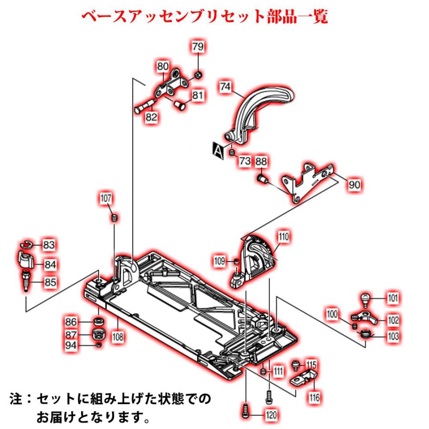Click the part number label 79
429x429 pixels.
pos(198,47)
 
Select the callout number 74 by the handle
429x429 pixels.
pos(225,87)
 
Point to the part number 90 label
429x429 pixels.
pos(354,184)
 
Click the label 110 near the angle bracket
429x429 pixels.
pos(284,236)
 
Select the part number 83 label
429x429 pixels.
pos(49,245)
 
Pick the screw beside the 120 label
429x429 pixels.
pos(246,410)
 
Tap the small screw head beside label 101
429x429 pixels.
pos(365,298)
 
